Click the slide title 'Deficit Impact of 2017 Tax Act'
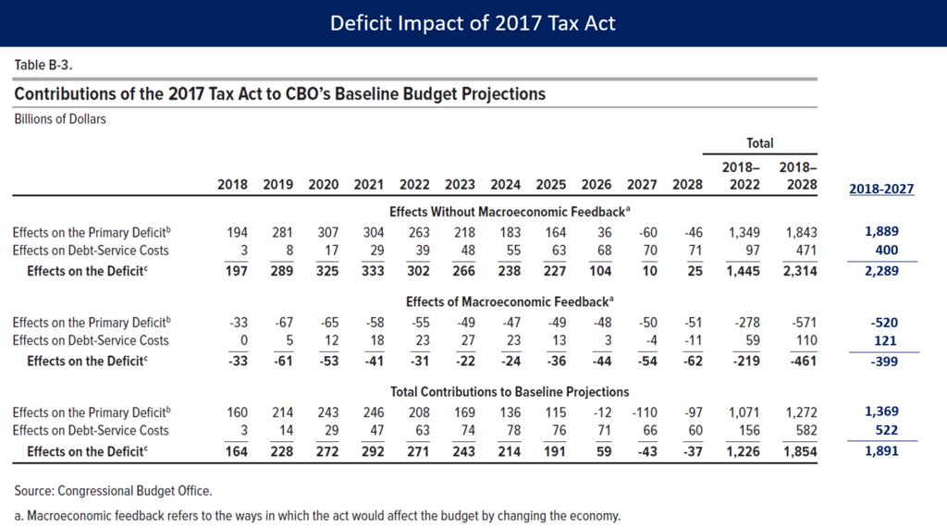[x=473, y=23]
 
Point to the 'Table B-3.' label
[x=43, y=65]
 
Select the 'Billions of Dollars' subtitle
[x=60, y=119]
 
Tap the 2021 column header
[x=368, y=184]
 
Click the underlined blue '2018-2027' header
[x=881, y=189]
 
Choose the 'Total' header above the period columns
[x=760, y=143]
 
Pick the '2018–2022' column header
[x=741, y=176]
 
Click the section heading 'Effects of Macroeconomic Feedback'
[x=510, y=301]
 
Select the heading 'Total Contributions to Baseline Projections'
[x=510, y=391]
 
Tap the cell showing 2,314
[x=800, y=271]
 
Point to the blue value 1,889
[x=881, y=231]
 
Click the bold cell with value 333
[x=373, y=271]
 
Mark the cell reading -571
[x=804, y=323]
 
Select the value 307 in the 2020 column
[x=328, y=233]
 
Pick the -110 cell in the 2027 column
[x=645, y=412]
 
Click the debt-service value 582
[x=806, y=431]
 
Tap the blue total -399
[x=884, y=362]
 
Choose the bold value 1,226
[x=743, y=451]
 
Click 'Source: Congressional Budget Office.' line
[x=113, y=490]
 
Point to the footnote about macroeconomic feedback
[x=317, y=516]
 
